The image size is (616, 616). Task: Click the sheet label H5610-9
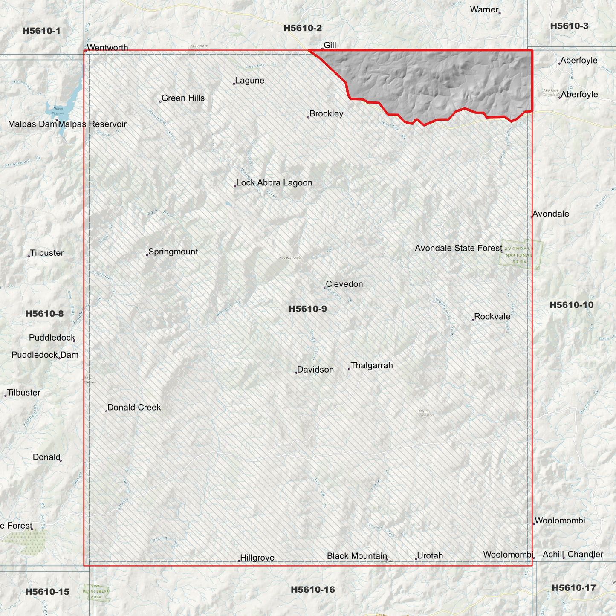[307, 309]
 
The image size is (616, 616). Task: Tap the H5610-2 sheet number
[303, 29]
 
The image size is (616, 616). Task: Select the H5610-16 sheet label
[313, 590]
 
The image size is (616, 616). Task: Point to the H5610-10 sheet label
[571, 305]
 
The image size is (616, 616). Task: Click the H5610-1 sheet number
[41, 31]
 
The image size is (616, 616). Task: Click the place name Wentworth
[107, 48]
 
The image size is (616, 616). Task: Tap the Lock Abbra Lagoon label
[274, 183]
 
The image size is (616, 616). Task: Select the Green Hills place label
[183, 98]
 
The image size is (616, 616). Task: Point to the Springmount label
[173, 252]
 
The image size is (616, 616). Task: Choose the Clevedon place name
[344, 284]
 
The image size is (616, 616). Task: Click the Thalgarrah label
[371, 365]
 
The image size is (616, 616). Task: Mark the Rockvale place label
[492, 317]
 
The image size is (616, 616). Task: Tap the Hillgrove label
[257, 558]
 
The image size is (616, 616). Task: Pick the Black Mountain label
[357, 556]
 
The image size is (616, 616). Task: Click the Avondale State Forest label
[458, 248]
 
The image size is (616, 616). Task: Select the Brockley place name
[326, 114]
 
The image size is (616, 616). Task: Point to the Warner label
[484, 9]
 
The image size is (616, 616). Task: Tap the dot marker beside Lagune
[234, 84]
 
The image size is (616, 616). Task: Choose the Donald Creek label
[134, 408]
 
